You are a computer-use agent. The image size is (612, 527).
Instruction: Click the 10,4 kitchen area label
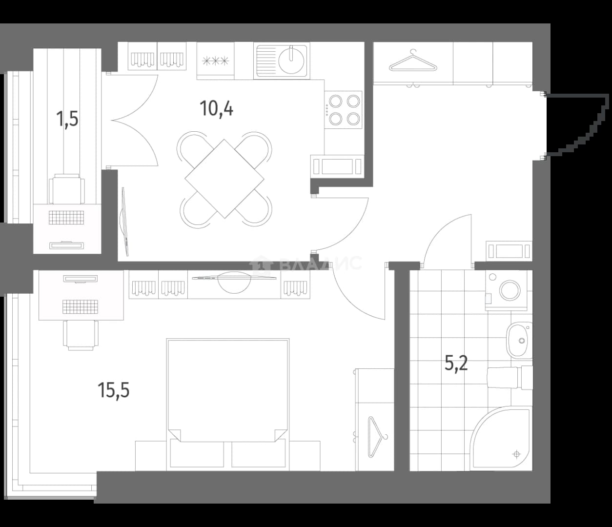click(x=216, y=109)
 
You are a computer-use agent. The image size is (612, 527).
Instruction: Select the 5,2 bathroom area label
click(x=456, y=363)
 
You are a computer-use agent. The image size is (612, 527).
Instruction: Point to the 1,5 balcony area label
click(x=67, y=119)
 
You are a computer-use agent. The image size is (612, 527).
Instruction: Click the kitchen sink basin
click(x=291, y=61)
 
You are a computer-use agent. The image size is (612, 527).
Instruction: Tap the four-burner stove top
click(x=344, y=110)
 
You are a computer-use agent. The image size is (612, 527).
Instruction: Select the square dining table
click(x=224, y=179)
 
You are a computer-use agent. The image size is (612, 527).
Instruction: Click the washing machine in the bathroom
click(x=506, y=290)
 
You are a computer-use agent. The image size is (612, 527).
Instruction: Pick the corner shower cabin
click(x=501, y=438)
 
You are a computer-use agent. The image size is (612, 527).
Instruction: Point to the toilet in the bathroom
click(x=510, y=378)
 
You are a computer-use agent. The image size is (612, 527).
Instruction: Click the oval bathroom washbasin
click(x=520, y=341)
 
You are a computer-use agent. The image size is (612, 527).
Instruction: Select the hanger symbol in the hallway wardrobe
click(x=413, y=61)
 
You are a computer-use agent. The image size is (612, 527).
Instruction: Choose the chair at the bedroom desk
click(x=81, y=335)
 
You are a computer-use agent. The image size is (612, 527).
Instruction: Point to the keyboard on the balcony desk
click(x=67, y=218)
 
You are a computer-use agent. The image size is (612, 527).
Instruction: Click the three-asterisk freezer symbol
click(x=216, y=61)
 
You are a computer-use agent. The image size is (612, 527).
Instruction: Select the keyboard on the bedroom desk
click(x=80, y=307)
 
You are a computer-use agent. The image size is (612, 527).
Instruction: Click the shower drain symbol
click(x=517, y=454)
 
